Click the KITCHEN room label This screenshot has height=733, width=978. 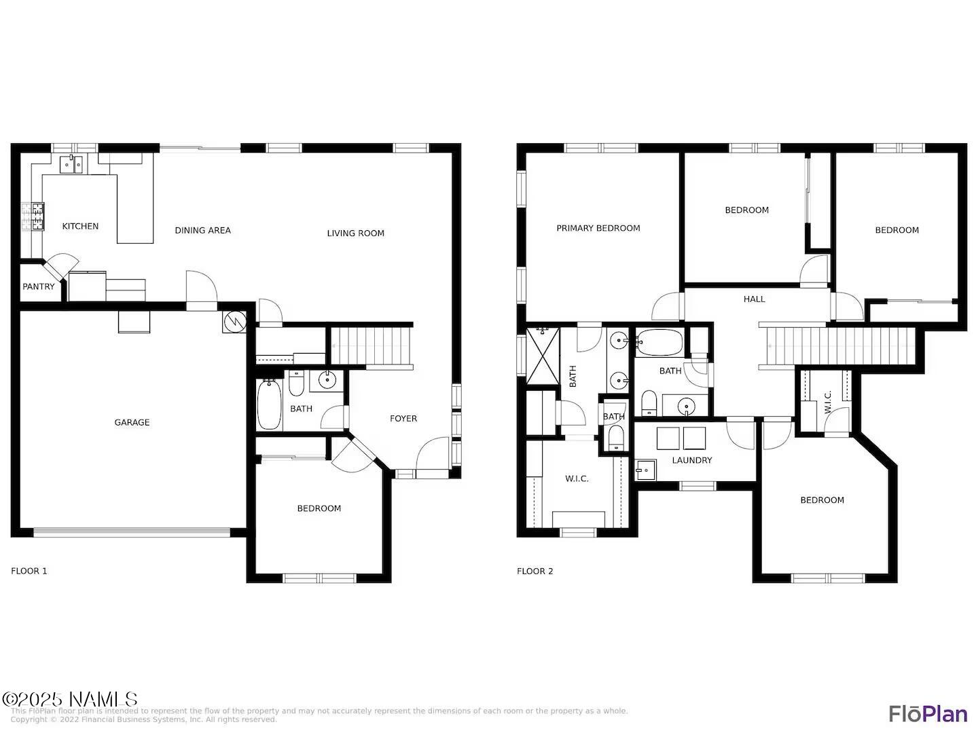[80, 226]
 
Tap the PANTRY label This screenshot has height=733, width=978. [39, 286]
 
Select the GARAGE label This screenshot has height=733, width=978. [132, 422]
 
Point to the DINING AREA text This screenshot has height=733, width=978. [202, 230]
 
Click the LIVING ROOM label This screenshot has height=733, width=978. [355, 233]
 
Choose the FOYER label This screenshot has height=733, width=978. [403, 418]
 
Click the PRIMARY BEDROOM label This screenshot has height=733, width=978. [598, 228]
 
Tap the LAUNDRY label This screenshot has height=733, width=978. [691, 460]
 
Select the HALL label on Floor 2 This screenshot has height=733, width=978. [754, 299]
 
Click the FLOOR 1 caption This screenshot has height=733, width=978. [29, 571]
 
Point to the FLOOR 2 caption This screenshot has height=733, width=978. [535, 571]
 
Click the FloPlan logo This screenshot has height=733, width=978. [928, 713]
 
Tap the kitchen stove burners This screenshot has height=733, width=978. [32, 217]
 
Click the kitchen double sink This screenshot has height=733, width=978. [71, 164]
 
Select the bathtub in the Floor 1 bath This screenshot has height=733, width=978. [269, 405]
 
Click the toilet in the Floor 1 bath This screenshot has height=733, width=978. [297, 384]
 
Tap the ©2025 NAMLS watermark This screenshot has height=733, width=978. [70, 699]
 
